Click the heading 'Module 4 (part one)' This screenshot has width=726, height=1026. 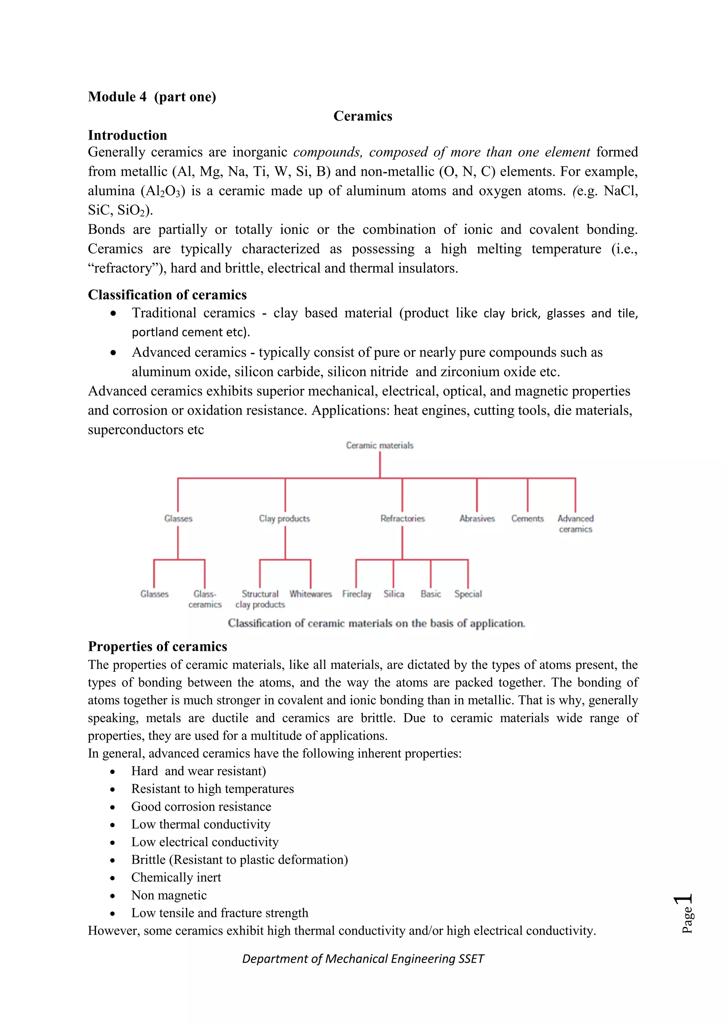pos(152,97)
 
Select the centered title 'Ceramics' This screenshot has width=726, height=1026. pos(363,116)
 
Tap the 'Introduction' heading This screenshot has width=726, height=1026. pos(127,135)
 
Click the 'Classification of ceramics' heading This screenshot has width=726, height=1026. pos(167,295)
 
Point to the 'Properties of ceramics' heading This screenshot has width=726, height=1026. pos(157,647)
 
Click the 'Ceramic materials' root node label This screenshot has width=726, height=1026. pos(380,446)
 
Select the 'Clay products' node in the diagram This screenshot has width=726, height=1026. pos(284,519)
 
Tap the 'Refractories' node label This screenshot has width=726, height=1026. pos(402,519)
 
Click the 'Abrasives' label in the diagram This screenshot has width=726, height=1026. pos(477,519)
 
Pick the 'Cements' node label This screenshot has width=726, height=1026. pos(527,519)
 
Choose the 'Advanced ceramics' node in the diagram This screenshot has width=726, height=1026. pos(575,524)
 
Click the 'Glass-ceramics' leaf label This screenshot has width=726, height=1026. pos(205,599)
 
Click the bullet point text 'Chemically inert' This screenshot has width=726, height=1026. pos(176,878)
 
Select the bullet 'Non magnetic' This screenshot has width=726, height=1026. pos(169,896)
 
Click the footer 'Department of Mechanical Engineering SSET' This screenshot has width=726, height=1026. pos(363,959)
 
